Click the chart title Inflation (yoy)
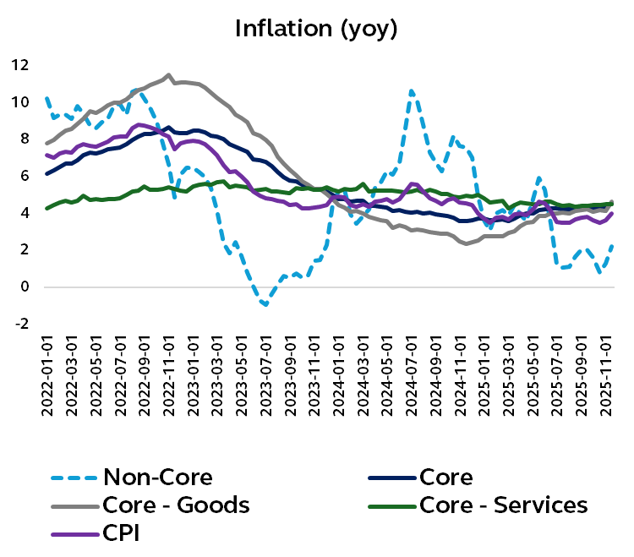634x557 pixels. pyautogui.click(x=315, y=28)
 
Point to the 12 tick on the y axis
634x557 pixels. pyautogui.click(x=19, y=65)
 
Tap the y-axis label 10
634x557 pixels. pyautogui.click(x=19, y=102)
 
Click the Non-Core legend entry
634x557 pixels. pyautogui.click(x=157, y=477)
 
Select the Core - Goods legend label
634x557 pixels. pyautogui.click(x=176, y=505)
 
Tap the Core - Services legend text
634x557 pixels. pyautogui.click(x=503, y=505)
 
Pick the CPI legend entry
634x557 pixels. pyautogui.click(x=122, y=533)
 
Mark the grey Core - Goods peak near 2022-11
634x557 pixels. pyautogui.click(x=167, y=75)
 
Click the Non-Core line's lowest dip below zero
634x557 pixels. pyautogui.click(x=265, y=305)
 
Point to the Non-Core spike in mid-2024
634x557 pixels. pyautogui.click(x=411, y=91)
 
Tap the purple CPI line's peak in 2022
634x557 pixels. pyautogui.click(x=141, y=124)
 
